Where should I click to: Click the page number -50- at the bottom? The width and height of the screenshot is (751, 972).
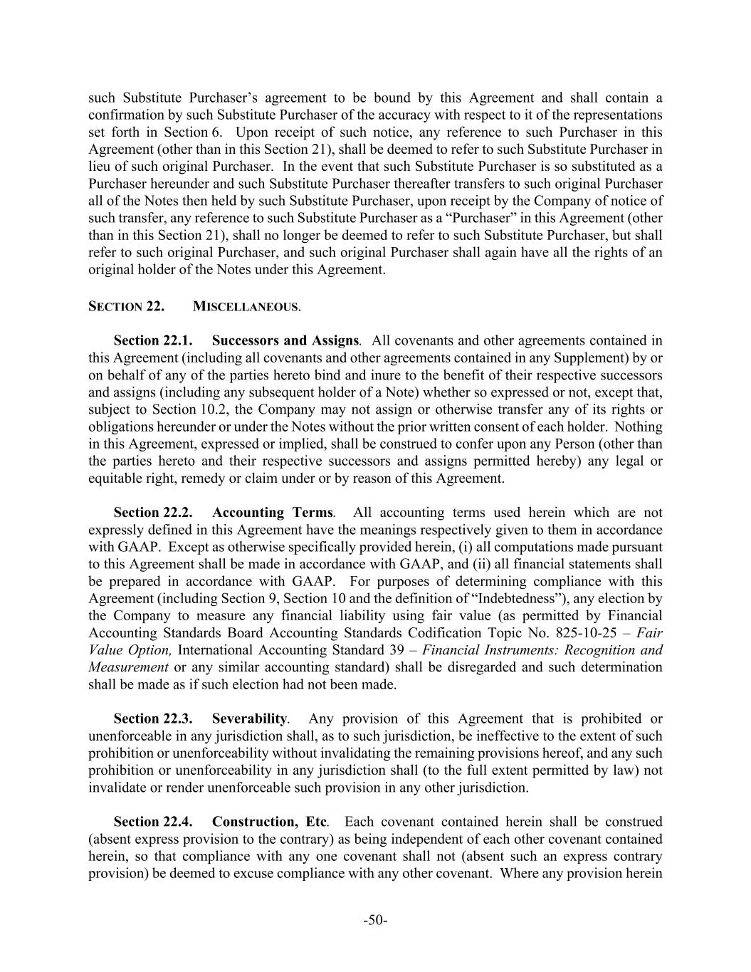click(375, 920)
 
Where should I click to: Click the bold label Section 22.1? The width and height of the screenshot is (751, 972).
click(153, 341)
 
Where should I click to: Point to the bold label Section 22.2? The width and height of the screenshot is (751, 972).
click(153, 513)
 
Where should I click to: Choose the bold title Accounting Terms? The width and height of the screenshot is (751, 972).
click(272, 513)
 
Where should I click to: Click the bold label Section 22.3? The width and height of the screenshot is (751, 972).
click(153, 718)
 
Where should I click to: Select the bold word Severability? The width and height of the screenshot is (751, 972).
click(249, 718)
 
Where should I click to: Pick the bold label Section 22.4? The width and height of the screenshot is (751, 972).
click(153, 822)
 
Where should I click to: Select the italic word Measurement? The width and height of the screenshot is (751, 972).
click(128, 667)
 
